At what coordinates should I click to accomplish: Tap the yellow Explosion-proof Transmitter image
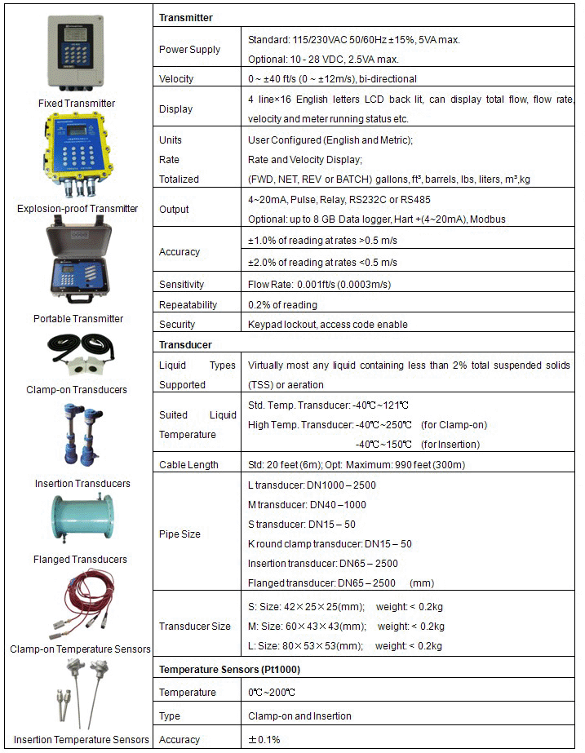pyautogui.click(x=78, y=155)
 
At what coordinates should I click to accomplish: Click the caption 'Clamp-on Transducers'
pyautogui.click(x=77, y=390)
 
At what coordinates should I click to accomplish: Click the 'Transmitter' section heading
pyautogui.click(x=186, y=17)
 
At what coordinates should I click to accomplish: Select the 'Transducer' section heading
pyautogui.click(x=186, y=345)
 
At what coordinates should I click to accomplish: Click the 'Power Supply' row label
pyautogui.click(x=189, y=50)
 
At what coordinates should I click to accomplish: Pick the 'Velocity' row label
pyautogui.click(x=176, y=79)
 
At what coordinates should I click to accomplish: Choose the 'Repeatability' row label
pyautogui.click(x=188, y=305)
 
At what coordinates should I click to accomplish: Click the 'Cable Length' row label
pyautogui.click(x=188, y=465)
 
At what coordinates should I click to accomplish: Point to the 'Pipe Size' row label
pyautogui.click(x=179, y=534)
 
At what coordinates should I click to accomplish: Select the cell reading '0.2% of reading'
pyautogui.click(x=282, y=305)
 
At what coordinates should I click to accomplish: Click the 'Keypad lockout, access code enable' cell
pyautogui.click(x=339, y=325)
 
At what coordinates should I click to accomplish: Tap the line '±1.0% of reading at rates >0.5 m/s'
pyautogui.click(x=322, y=241)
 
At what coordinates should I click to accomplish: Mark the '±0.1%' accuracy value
pyautogui.click(x=264, y=740)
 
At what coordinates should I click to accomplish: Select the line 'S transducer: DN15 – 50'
pyautogui.click(x=301, y=525)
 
